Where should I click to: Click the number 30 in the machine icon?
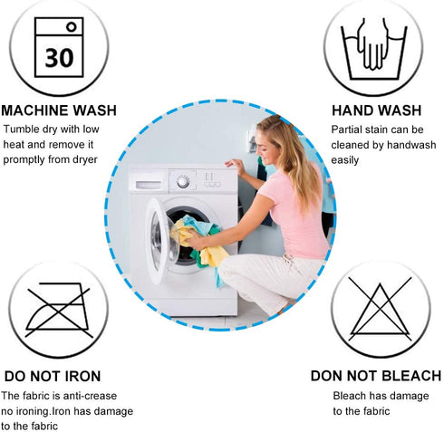coord(59,57)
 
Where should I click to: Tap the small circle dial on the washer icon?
coord(72,27)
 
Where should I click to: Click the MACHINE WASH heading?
coord(59,110)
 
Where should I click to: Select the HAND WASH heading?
coord(376,110)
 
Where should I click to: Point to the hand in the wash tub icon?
coord(373,45)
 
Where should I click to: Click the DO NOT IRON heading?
coord(53,376)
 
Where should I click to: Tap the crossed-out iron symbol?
coord(58,310)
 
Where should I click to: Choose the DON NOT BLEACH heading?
coord(376,376)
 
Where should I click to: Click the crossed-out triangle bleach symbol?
coord(380,309)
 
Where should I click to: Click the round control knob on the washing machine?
coord(183,181)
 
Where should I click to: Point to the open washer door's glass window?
coord(160,241)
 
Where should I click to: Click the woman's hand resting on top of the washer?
coord(235,165)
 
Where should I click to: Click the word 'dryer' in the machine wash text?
coord(85,159)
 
